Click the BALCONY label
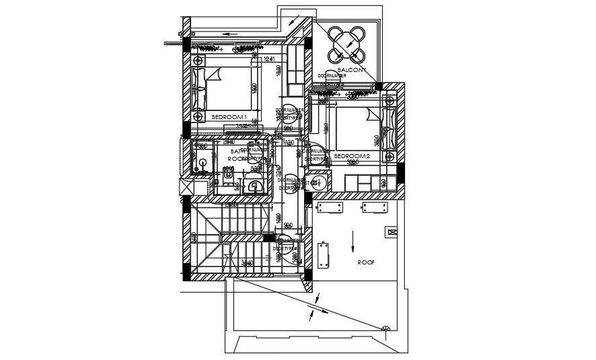click(351, 69)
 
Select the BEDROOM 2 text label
click(352, 156)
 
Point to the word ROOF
click(365, 262)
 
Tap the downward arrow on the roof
click(353, 240)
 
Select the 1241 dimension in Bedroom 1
click(270, 60)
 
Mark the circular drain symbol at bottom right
click(387, 329)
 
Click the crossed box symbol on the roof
click(391, 232)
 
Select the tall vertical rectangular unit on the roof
click(324, 255)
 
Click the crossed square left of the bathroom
click(184, 186)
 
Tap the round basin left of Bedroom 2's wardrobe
click(322, 182)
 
